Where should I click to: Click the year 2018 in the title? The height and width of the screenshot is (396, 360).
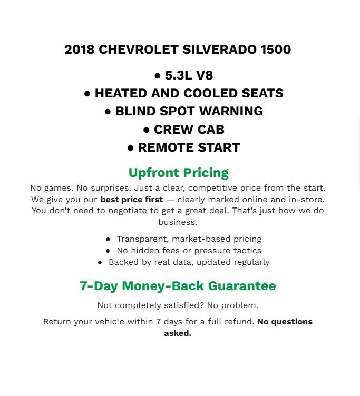tap(80, 49)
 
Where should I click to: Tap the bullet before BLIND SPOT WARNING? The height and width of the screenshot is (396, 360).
tap(108, 112)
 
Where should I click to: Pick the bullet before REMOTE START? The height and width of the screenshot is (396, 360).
tap(130, 148)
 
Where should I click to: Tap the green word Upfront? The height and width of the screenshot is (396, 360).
tap(153, 173)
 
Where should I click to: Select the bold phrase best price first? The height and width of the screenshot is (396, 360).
tap(131, 200)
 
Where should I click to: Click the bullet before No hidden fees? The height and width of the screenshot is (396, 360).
tap(108, 251)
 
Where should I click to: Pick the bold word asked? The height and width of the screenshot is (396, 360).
tap(178, 333)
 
